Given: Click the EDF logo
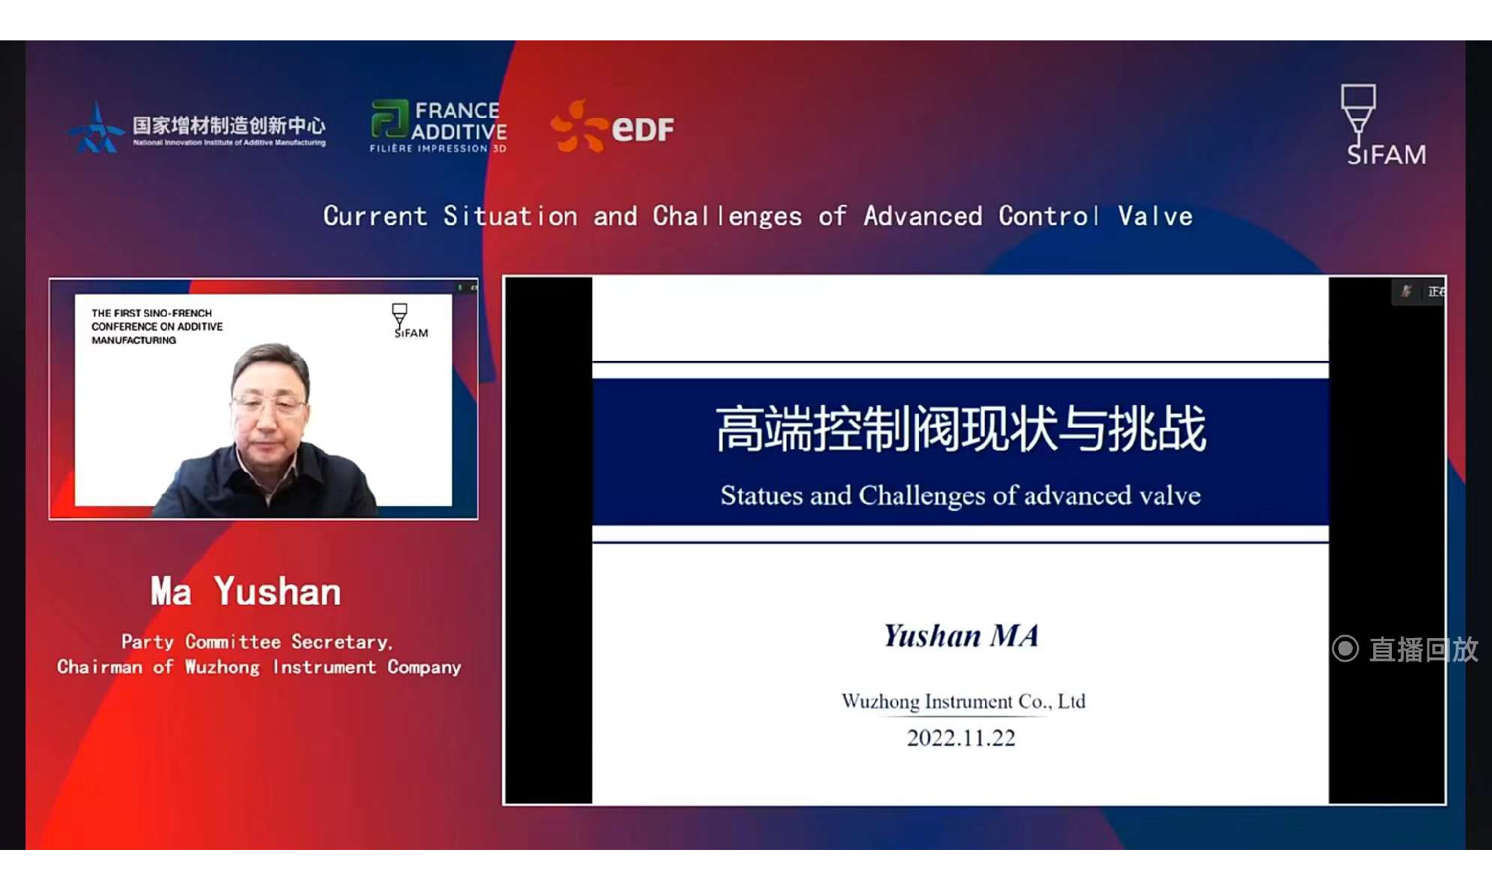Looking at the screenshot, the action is [x=612, y=127].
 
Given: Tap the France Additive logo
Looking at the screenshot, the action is [x=439, y=127].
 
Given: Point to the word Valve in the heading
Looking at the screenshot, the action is [x=1155, y=216].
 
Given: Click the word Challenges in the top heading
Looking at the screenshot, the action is [x=727, y=216].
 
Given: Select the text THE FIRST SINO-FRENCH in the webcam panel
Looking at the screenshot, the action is [x=151, y=313].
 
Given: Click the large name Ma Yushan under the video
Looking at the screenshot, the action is [x=246, y=591].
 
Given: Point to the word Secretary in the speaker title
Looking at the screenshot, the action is [x=342, y=642].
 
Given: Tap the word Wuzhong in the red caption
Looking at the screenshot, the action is [x=222, y=668].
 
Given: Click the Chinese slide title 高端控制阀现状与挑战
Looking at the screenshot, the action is [x=961, y=428].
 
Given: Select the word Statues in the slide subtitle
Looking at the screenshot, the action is [x=762, y=495].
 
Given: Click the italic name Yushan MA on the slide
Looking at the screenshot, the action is [x=961, y=636].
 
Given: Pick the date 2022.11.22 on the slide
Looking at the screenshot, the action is [x=961, y=737].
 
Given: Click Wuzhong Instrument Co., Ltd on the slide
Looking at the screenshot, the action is [x=963, y=702].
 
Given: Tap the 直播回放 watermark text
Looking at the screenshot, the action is [x=1424, y=650].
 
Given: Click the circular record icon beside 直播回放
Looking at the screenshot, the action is [x=1345, y=649].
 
